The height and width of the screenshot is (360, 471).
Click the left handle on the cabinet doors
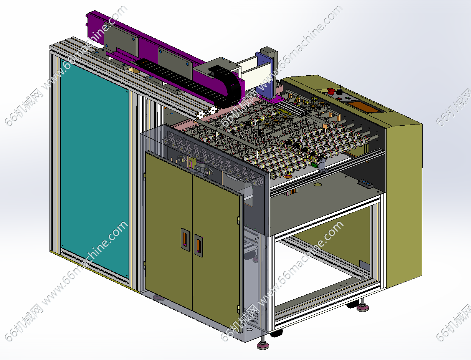pos(185,239)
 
